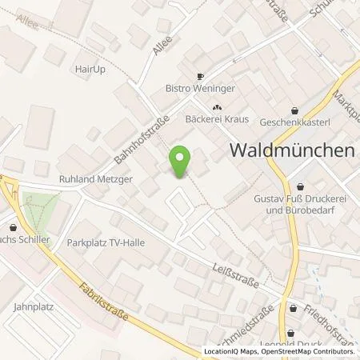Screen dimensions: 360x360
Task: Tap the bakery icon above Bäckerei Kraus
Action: pyautogui.click(x=215, y=106)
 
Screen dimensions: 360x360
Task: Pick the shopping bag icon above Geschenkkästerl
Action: pyautogui.click(x=296, y=111)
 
